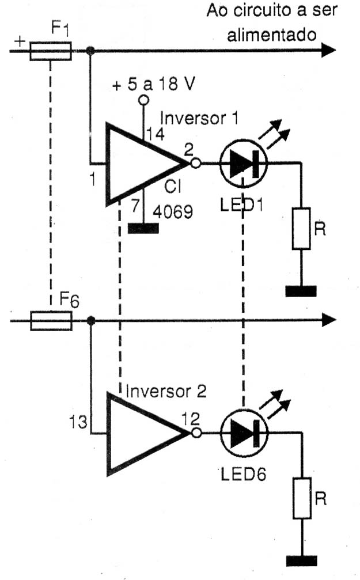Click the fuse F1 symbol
[x=50, y=51]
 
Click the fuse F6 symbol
[x=51, y=321]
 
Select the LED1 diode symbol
[x=243, y=163]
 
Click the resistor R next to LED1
[x=301, y=228]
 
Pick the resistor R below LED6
[x=302, y=498]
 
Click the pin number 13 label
[x=78, y=422]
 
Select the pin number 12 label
[x=191, y=419]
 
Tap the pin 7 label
[x=135, y=206]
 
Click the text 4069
[x=173, y=213]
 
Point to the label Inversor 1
[x=199, y=119]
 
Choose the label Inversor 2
[x=166, y=392]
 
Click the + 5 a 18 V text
[x=153, y=85]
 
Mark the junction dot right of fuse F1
[x=89, y=51]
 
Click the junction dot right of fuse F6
[x=90, y=320]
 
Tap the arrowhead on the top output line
[x=328, y=50]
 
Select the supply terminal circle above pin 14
[x=143, y=100]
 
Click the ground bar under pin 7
[x=143, y=228]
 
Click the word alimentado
[x=271, y=35]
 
